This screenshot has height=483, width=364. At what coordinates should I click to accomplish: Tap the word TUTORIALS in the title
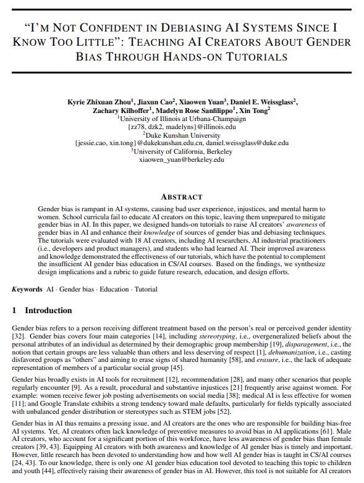(258, 57)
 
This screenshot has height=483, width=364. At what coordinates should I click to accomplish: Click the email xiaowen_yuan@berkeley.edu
(182, 159)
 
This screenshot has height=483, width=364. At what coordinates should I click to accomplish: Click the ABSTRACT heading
(182, 196)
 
